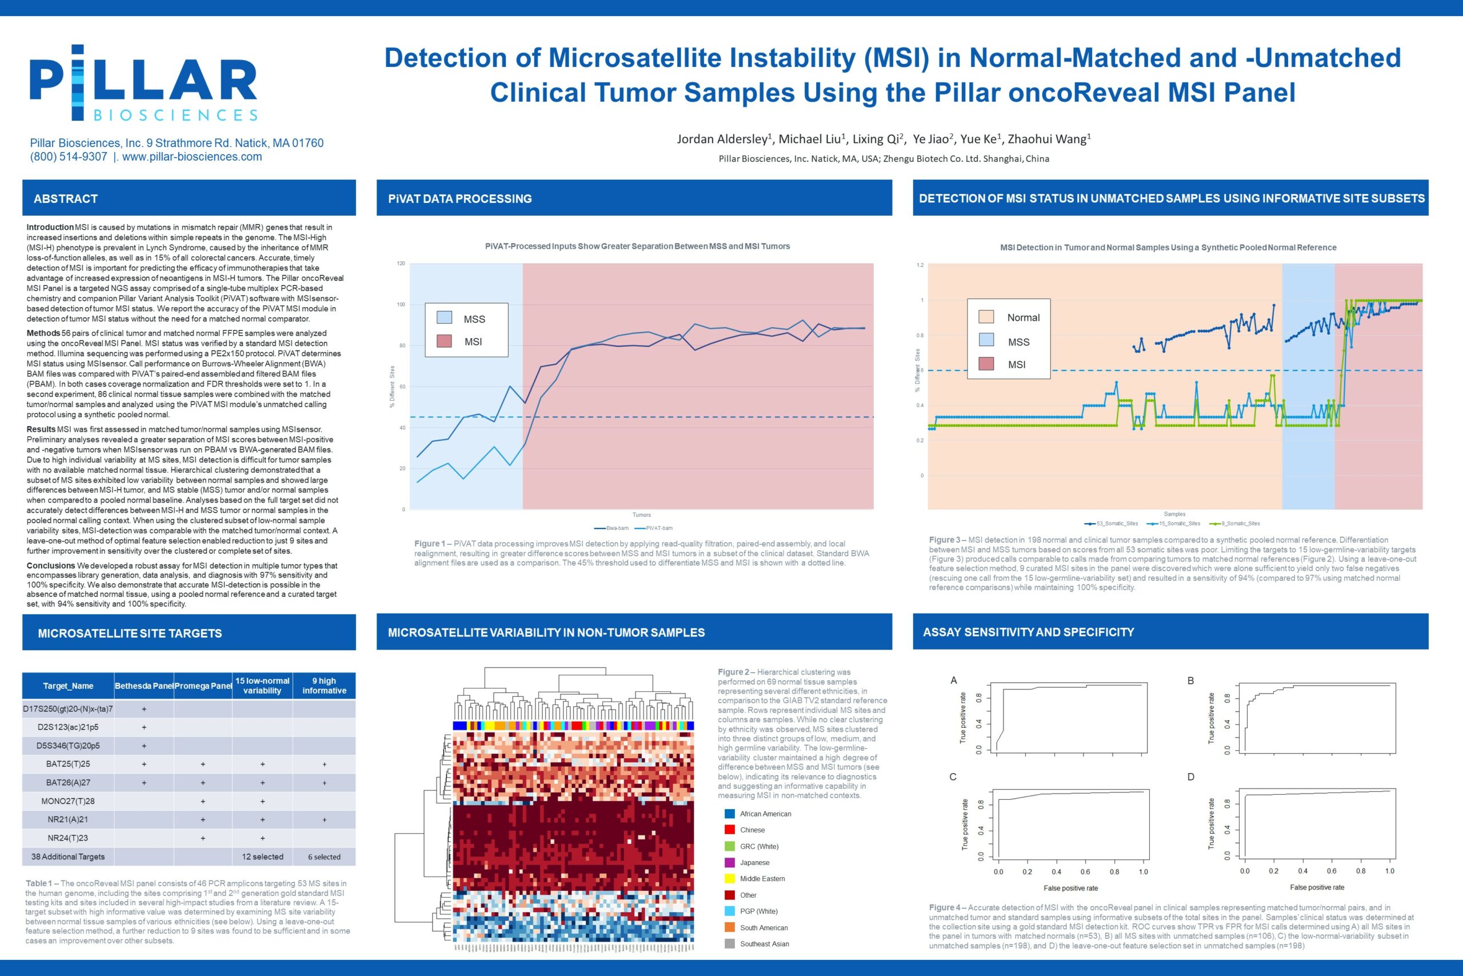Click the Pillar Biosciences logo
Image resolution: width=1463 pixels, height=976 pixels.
coord(143,83)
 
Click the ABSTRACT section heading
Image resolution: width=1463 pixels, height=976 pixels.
coord(65,198)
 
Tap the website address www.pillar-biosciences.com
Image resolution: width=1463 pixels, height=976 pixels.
coord(191,157)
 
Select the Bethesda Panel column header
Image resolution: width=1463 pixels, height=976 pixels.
coord(143,686)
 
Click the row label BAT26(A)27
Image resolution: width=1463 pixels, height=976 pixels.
coord(68,782)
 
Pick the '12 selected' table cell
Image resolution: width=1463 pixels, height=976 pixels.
coord(262,857)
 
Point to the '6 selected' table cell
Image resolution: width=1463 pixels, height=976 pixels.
coord(324,857)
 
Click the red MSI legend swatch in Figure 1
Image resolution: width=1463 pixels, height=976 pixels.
coord(444,341)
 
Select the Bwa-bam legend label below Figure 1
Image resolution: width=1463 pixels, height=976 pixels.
coord(617,528)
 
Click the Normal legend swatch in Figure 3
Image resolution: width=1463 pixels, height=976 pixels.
coord(986,317)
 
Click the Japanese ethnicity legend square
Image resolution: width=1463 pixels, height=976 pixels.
coord(730,863)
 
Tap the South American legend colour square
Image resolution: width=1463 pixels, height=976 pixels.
coord(730,927)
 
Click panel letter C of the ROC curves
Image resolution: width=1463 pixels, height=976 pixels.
coord(953,777)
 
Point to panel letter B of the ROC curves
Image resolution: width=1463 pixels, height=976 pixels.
coord(1190,681)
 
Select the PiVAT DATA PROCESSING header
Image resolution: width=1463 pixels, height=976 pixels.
coord(459,198)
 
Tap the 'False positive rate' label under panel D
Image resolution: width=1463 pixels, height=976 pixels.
coord(1317,887)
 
